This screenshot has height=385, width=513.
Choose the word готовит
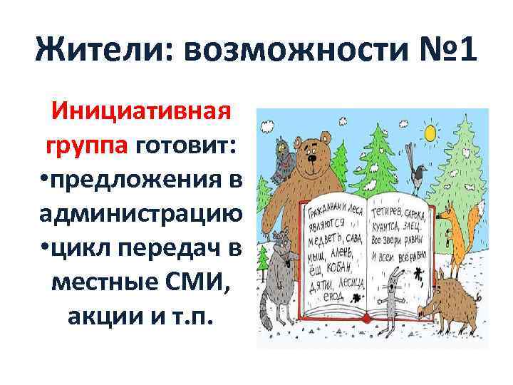pyautogui.click(x=187, y=147)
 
